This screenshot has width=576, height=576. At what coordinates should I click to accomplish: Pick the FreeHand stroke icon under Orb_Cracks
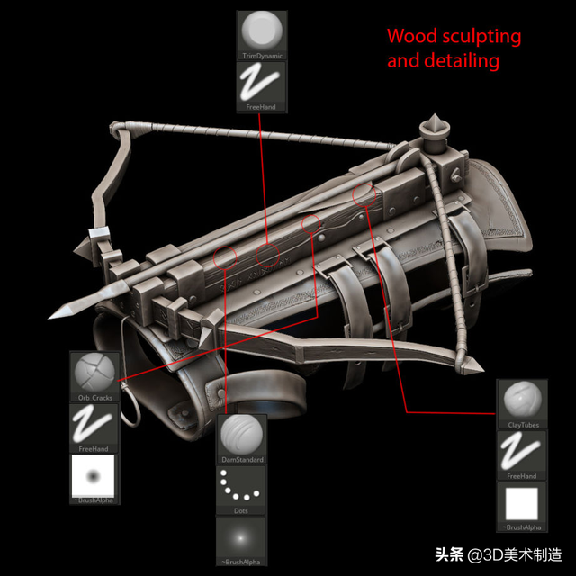[94, 424]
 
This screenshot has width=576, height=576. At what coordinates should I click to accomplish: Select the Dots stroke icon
[241, 487]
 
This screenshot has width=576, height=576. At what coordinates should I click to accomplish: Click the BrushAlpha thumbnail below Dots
[241, 537]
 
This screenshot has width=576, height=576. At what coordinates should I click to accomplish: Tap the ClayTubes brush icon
[521, 399]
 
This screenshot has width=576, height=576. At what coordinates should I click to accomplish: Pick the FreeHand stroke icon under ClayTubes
[521, 451]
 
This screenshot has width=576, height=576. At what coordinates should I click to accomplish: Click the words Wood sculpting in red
[454, 37]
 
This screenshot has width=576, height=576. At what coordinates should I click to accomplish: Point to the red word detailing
[468, 61]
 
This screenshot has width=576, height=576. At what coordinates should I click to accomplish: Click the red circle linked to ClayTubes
[364, 193]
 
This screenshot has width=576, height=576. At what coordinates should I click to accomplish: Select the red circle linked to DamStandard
[225, 257]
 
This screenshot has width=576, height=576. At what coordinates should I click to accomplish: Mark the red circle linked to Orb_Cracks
[310, 223]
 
